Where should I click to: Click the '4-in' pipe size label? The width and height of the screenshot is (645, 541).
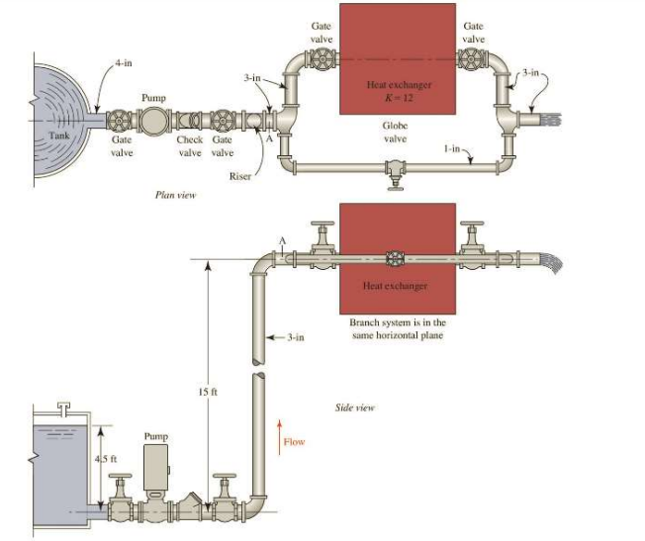pyautogui.click(x=124, y=62)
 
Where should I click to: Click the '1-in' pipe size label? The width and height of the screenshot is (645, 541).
pyautogui.click(x=451, y=147)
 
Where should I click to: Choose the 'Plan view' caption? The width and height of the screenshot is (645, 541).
pyautogui.click(x=176, y=195)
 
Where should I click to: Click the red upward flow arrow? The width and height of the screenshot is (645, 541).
pyautogui.click(x=279, y=441)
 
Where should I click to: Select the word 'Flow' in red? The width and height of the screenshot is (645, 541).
pyautogui.click(x=294, y=442)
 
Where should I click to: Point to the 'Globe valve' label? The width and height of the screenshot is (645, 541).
pyautogui.click(x=396, y=133)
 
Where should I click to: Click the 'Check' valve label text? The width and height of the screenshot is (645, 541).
pyautogui.click(x=189, y=140)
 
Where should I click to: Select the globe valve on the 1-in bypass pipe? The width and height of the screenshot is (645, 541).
pyautogui.click(x=396, y=171)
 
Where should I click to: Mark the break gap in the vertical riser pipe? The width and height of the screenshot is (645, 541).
pyautogui.click(x=259, y=369)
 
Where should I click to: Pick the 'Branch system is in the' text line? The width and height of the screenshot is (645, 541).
pyautogui.click(x=397, y=322)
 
